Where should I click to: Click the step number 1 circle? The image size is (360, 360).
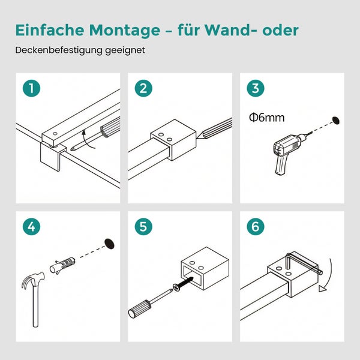pos(31,89)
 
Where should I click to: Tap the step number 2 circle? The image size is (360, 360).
pos(143,89)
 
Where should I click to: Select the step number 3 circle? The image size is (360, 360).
pos(255,89)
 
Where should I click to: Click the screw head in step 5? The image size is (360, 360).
pos(177,288)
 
